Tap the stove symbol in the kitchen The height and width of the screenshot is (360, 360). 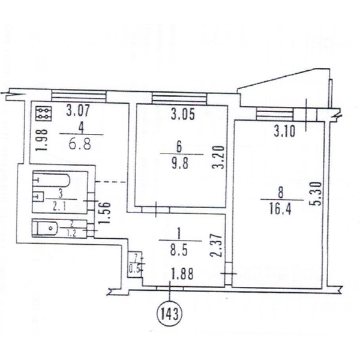[44, 113]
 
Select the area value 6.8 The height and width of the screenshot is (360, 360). [80, 145]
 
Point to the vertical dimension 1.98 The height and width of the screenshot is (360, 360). [42, 140]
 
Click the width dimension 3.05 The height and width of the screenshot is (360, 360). [183, 114]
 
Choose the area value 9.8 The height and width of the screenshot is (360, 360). [180, 164]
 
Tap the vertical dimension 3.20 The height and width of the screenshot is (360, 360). [218, 157]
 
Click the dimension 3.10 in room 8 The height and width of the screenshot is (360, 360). [284, 131]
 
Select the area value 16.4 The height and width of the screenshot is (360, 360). [280, 209]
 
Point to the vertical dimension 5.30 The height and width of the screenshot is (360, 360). [317, 194]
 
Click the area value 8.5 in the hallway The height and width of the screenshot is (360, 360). [179, 250]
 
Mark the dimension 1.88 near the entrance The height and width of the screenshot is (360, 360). [181, 274]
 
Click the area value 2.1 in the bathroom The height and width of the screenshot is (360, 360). [59, 207]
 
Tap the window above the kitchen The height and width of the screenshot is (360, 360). [79, 96]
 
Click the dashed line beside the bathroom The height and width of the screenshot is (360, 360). [111, 182]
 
